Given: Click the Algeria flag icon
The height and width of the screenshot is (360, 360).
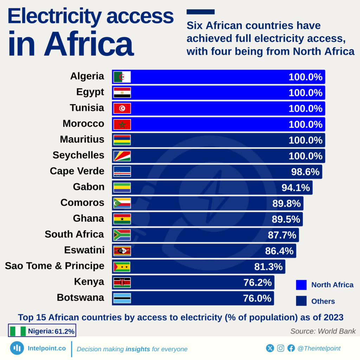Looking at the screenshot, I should (x=122, y=77).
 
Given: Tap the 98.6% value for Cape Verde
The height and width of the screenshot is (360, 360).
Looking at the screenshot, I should (x=305, y=172).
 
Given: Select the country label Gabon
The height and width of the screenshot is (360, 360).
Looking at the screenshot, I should (x=89, y=187).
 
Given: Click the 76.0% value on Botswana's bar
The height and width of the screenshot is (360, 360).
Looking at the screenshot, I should (x=257, y=298).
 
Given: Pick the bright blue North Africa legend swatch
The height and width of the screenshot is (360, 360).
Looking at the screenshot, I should (x=301, y=285).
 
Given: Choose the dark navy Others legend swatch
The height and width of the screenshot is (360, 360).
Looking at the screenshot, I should (x=301, y=301).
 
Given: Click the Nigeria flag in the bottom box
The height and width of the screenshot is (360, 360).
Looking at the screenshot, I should (x=18, y=331).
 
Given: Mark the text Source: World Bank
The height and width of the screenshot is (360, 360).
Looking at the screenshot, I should (x=323, y=331).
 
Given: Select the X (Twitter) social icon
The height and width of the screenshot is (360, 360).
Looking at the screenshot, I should (x=270, y=348).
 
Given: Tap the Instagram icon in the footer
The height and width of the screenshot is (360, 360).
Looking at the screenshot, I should (x=281, y=348).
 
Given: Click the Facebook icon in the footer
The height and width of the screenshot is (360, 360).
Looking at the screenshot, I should (x=291, y=348).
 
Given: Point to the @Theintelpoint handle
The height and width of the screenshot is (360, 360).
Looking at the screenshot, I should (x=319, y=348).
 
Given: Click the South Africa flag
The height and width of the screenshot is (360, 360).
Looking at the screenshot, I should (x=122, y=235).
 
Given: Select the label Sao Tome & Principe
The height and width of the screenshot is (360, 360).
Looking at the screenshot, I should (x=54, y=266).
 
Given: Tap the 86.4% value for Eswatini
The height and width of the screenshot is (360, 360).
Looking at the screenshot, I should (x=279, y=251).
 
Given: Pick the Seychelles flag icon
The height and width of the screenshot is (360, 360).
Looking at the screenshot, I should (x=122, y=156).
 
